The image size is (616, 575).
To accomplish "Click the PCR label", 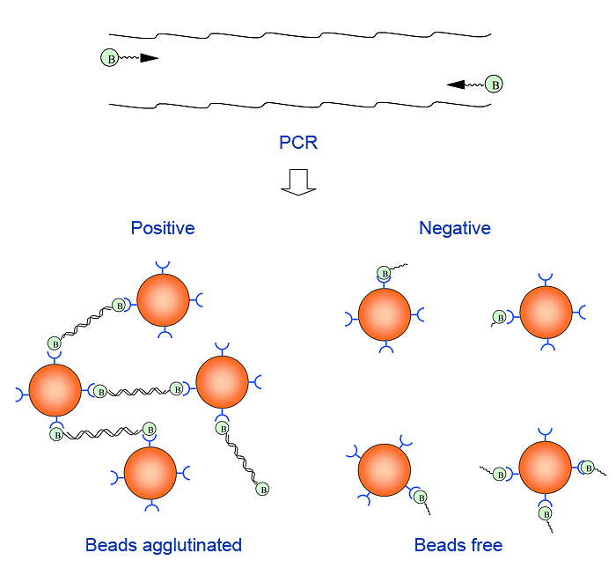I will tap(297, 143).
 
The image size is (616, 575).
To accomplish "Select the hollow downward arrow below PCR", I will tap(297, 180).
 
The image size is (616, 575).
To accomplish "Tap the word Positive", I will tap(163, 228).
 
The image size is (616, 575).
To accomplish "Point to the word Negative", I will tap(455, 228).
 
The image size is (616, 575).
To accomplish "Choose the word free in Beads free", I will tap(486, 545).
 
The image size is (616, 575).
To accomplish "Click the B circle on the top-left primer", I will tap(110, 59).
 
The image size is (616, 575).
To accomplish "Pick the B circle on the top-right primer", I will tap(496, 85).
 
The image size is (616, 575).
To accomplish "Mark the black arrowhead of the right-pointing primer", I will tap(149, 59).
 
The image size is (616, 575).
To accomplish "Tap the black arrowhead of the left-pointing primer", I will tap(456, 85).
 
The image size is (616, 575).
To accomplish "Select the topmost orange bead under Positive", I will tap(163, 300).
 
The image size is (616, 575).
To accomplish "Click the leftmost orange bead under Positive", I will tap(55, 388).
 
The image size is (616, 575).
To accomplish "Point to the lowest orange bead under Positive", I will tap(150, 473).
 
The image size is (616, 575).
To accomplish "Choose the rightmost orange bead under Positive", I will tap(223, 382).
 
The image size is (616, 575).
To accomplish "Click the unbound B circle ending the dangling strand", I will tap(262, 490).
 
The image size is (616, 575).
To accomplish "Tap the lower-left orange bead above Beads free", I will tap(385, 470).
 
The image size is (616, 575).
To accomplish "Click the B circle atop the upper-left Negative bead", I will tap(385, 273).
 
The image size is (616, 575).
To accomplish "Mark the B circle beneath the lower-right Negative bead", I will tap(545, 512).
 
